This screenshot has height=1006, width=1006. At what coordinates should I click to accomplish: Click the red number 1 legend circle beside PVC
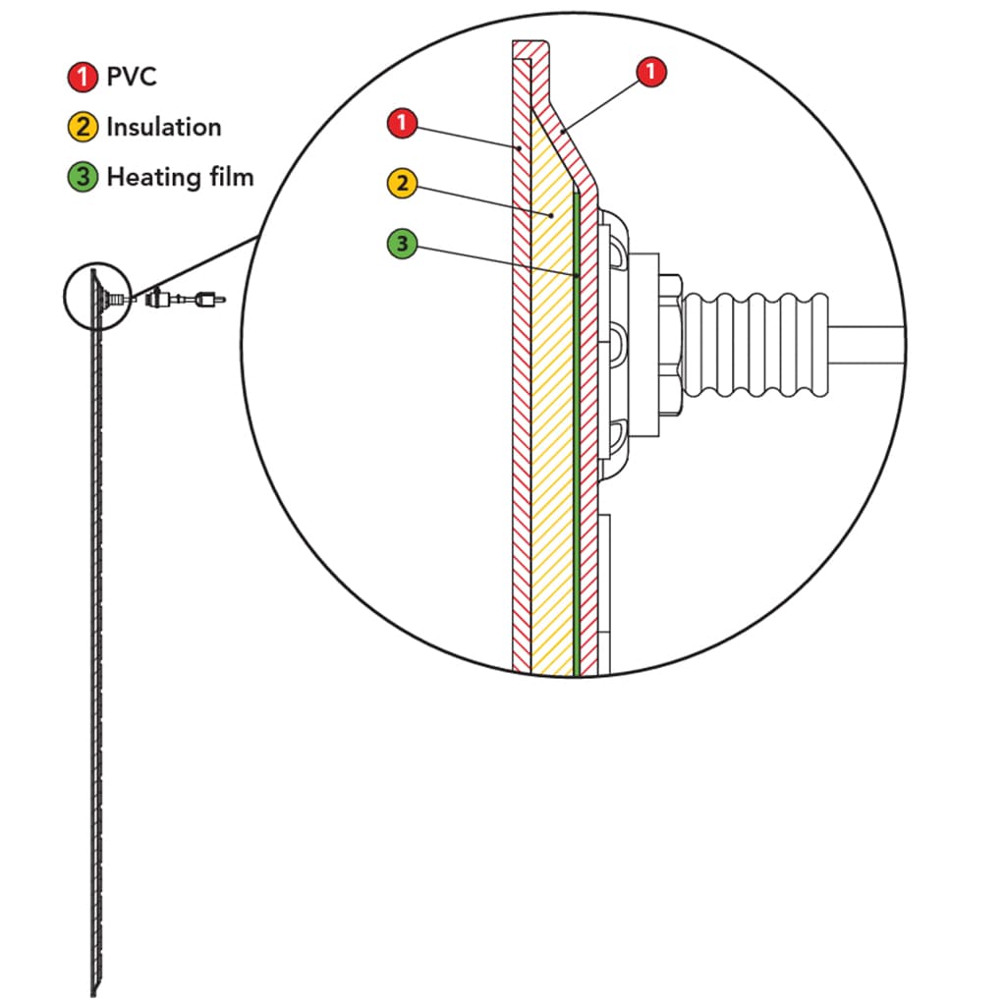coord(83,77)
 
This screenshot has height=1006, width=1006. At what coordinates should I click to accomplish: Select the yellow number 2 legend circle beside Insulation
coord(83,127)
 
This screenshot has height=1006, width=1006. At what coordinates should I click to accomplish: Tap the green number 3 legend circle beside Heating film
coord(83,177)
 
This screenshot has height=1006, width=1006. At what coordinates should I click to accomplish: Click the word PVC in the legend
coord(132,77)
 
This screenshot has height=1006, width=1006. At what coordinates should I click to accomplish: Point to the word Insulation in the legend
coord(164,127)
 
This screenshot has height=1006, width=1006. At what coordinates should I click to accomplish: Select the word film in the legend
coord(230,177)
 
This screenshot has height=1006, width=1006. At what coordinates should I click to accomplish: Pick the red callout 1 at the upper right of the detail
coord(651,71)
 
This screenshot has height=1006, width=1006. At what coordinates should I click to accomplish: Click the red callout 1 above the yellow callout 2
coord(402,123)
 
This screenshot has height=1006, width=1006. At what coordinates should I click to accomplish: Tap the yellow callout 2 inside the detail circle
coord(402,183)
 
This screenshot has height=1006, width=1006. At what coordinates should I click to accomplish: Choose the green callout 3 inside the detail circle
coord(402,244)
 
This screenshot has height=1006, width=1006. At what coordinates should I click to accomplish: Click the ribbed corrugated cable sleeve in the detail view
coord(755,345)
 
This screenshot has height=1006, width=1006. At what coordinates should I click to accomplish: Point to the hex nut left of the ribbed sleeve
coord(670,345)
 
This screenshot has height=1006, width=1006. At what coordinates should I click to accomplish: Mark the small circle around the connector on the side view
coord(97,297)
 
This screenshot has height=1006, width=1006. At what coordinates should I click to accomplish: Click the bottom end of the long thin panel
coord(93,993)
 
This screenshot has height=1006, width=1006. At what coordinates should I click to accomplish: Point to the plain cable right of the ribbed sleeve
coord(866,345)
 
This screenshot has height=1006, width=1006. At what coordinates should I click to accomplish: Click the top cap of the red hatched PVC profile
coord(531,49)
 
